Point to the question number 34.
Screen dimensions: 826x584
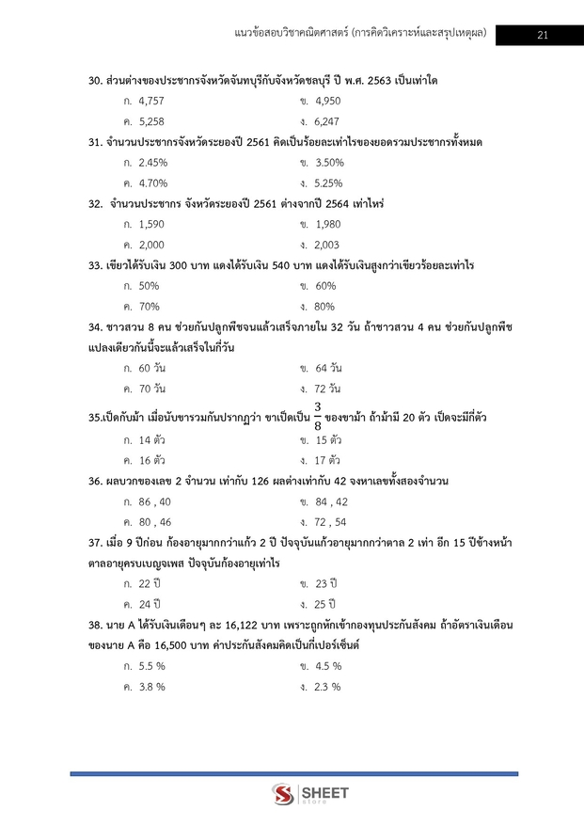coord(94,326)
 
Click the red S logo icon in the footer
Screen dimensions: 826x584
coord(282,796)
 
